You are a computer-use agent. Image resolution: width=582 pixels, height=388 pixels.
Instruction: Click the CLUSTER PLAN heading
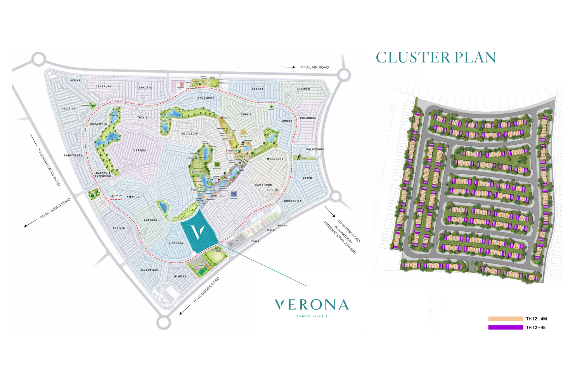(x=436, y=58)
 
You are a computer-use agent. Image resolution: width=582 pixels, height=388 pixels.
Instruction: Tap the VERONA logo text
(x=312, y=305)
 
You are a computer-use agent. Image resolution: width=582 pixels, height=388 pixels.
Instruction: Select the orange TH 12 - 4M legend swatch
(x=506, y=319)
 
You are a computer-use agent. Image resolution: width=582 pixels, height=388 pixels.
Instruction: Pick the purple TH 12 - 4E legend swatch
(x=506, y=327)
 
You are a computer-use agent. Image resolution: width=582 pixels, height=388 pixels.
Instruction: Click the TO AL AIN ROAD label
(x=314, y=67)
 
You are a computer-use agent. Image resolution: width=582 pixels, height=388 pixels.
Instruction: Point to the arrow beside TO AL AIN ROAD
(x=288, y=67)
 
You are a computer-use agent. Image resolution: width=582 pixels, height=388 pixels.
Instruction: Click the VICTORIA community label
(x=176, y=243)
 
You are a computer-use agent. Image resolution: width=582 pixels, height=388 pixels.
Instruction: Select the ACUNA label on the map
(x=75, y=81)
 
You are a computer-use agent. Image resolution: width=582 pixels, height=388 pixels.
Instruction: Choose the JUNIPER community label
(x=303, y=89)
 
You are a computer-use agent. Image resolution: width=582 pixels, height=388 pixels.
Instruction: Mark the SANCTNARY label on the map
(x=73, y=156)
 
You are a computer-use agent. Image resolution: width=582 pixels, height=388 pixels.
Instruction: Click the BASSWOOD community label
(x=149, y=270)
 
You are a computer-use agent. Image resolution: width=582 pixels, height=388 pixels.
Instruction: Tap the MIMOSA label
(x=180, y=277)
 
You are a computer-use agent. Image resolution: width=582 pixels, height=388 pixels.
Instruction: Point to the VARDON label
(x=140, y=151)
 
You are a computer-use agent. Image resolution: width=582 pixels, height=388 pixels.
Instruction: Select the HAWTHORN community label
(x=263, y=185)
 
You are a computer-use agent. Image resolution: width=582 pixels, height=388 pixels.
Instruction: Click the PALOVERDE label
(x=315, y=149)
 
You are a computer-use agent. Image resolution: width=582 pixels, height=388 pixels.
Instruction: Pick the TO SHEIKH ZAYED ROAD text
(x=49, y=167)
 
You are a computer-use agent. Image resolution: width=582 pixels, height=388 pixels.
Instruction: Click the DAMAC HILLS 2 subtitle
(x=312, y=317)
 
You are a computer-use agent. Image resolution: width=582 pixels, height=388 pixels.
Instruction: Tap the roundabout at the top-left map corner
(x=38, y=59)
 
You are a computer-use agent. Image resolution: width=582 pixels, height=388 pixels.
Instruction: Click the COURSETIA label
(x=293, y=201)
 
